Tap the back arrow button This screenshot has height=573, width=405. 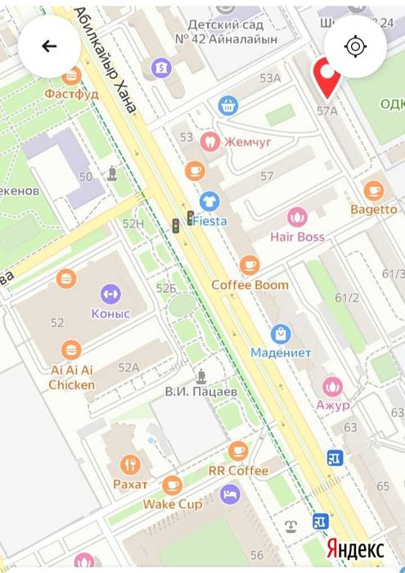point(49,46)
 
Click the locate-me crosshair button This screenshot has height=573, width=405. point(355,46)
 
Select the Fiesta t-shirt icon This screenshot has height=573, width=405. point(209,201)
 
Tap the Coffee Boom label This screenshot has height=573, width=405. point(250,285)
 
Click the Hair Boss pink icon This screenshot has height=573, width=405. point(296,218)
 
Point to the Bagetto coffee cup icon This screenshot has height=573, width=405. point(374,191)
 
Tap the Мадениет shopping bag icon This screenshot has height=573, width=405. point(281,334)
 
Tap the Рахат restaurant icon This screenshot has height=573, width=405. point(130,466)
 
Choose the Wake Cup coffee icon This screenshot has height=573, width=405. point(172,485)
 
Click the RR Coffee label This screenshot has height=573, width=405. point(237,471)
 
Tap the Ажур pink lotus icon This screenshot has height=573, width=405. point(332,386)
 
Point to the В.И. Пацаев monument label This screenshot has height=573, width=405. point(200,392)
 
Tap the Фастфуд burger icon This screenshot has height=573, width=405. point(71,75)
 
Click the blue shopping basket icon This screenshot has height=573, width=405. point(227,105)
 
